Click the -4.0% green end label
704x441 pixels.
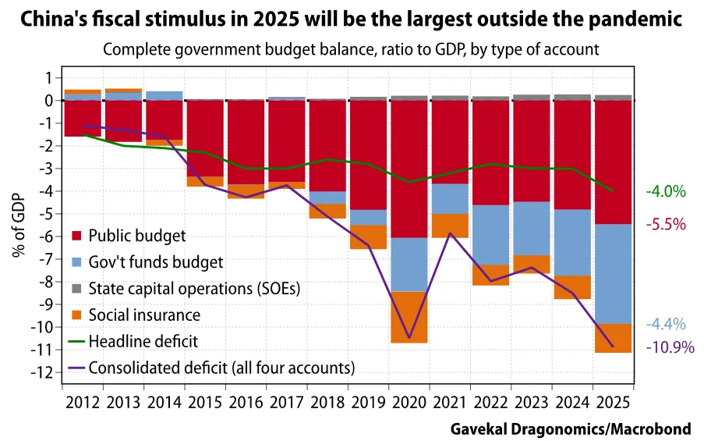point(665,191)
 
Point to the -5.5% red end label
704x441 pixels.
point(665,224)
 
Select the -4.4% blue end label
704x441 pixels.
point(665,324)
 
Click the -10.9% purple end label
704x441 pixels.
point(670,347)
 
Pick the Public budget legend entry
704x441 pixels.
point(137,235)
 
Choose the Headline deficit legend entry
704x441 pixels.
point(143,341)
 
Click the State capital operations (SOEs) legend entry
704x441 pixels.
point(194,288)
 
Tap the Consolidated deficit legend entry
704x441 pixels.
point(222,367)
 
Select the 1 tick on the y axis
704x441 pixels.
point(48,77)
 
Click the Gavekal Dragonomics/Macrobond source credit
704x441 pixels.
point(575,429)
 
